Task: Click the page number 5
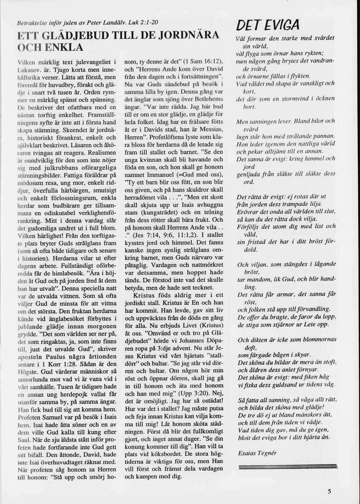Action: click(x=329, y=491)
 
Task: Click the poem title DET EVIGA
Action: click(x=269, y=25)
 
